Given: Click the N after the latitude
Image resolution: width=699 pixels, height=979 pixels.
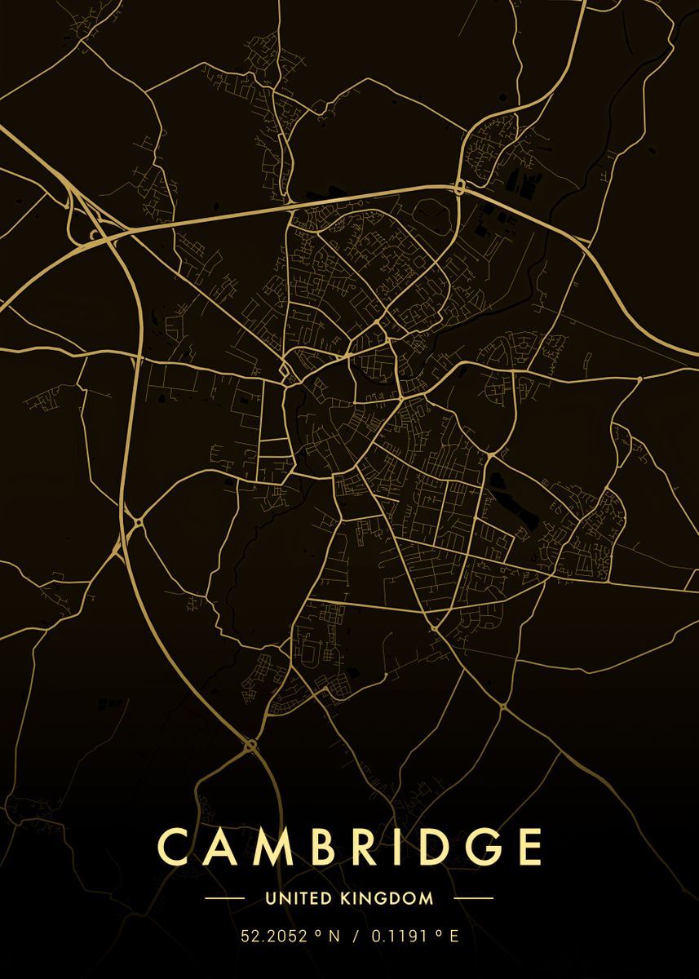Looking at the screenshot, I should pos(333,937).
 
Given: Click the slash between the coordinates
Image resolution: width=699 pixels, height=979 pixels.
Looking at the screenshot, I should pos(356,937).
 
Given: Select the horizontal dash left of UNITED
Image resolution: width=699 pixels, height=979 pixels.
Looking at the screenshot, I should pos(224,898).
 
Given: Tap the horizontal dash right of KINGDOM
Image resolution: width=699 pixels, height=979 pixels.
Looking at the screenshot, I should pos(473,898).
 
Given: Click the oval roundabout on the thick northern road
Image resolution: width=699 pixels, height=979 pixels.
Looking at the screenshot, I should pos(459,188).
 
